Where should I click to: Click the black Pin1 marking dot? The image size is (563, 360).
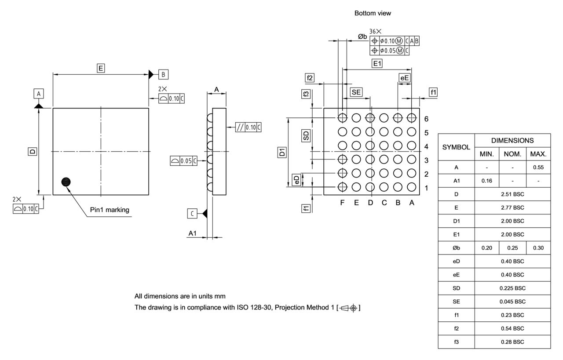point(66,182)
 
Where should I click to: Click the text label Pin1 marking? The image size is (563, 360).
point(110,210)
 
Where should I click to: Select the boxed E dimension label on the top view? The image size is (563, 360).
point(101,68)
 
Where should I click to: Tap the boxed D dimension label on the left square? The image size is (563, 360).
point(33,151)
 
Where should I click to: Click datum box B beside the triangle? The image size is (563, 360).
point(163,74)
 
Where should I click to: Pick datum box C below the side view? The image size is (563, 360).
point(192,214)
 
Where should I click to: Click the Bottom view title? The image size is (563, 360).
point(373,14)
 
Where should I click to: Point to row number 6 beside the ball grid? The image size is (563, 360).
point(426,119)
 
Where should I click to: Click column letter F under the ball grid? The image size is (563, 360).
point(343,203)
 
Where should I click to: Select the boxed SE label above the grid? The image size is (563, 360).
point(356,92)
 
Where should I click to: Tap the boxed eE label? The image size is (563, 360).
point(404,78)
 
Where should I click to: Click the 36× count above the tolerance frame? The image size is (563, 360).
point(375,32)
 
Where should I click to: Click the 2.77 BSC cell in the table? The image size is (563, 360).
point(512,207)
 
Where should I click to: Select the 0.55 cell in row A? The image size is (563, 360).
point(538,167)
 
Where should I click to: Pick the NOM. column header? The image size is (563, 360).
point(512,154)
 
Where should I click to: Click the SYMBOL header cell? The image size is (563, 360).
point(456,147)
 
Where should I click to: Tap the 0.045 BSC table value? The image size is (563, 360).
point(512,302)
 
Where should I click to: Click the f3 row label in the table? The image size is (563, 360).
point(456,342)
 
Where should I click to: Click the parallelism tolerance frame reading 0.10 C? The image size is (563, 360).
point(249,127)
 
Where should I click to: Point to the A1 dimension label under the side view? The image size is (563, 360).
point(192,233)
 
